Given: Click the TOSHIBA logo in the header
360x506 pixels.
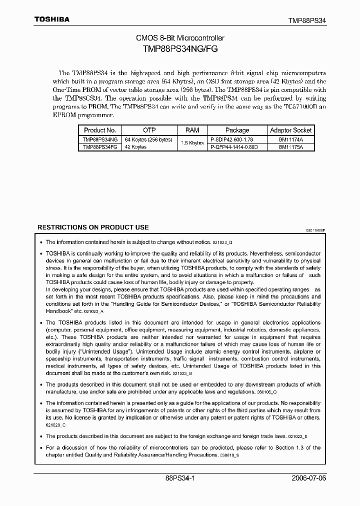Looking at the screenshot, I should tap(51, 19).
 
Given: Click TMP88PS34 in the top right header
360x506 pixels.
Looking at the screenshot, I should tap(307, 20).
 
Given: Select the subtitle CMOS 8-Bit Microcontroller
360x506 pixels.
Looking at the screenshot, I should tap(180, 38).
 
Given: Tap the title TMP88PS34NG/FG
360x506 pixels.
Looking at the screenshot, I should tap(180, 49).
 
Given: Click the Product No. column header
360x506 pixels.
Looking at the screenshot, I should tap(100, 130).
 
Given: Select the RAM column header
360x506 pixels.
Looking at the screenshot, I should tap(192, 130).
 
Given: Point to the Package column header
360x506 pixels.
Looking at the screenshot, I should tap(237, 130).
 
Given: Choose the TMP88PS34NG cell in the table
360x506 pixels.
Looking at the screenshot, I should tap(100, 139).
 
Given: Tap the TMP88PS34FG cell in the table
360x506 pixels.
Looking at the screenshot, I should tap(100, 147).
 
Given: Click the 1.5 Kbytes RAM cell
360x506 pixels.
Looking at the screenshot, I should tap(192, 143).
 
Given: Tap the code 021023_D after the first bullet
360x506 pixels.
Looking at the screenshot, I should tap(222, 242).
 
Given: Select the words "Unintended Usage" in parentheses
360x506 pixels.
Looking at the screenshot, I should tap(111, 351).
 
